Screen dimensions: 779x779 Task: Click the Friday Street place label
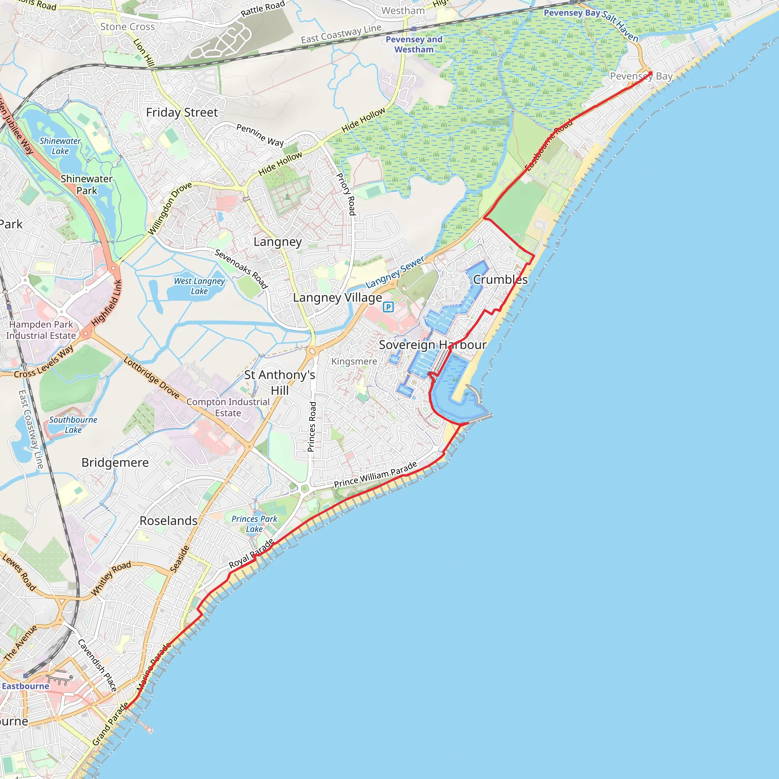(x=181, y=113)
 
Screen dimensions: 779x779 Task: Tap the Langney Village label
(x=337, y=297)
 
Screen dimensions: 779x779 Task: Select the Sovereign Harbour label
(x=432, y=345)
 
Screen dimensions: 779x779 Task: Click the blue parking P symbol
(x=388, y=307)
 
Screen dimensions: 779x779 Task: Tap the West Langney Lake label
(x=199, y=286)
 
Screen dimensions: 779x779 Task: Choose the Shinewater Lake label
(x=60, y=146)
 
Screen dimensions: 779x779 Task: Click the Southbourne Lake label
(x=73, y=424)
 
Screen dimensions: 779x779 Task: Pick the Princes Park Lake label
(x=254, y=524)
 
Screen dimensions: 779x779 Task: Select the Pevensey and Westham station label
(x=414, y=45)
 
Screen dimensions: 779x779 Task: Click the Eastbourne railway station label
(x=25, y=686)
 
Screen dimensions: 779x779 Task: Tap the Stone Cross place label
(x=127, y=27)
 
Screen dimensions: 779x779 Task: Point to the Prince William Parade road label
(x=375, y=475)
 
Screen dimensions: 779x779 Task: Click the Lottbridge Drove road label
(x=152, y=377)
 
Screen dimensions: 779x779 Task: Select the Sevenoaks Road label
(x=241, y=269)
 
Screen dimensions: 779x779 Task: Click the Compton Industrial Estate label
(x=228, y=407)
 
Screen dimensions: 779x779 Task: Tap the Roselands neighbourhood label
(x=169, y=521)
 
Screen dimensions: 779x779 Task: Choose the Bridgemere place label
(x=115, y=463)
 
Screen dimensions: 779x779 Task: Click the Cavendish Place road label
(x=97, y=665)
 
